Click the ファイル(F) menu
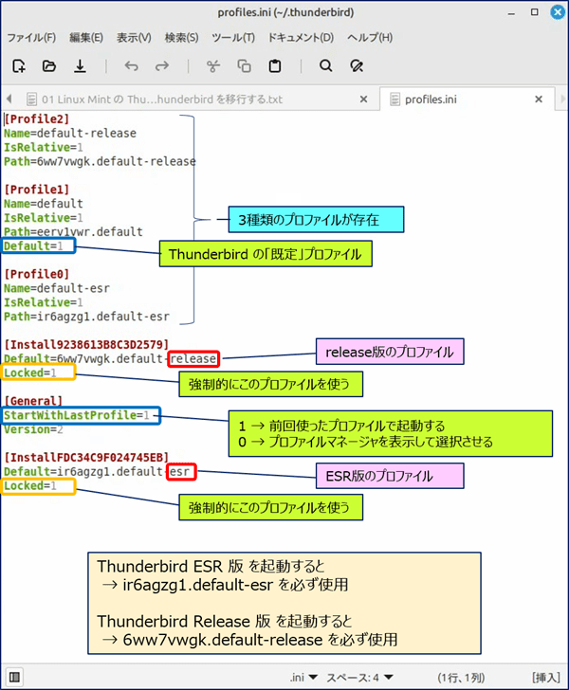coord(31,37)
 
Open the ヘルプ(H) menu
coord(370,37)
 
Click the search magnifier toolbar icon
coord(326,66)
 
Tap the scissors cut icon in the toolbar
coord(213,66)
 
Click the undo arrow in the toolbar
coord(131,66)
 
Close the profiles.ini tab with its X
coord(538,100)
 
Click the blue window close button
coord(558,12)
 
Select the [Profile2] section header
coord(37,118)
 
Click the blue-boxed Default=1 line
coord(38,246)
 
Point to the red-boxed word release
coord(193,359)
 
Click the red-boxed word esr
coord(181,472)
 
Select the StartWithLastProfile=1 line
coord(81,415)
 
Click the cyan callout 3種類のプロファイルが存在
coord(316,220)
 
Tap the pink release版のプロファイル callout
coord(390,352)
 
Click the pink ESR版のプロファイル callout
coord(390,476)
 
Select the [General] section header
coord(33,401)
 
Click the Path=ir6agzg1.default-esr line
coord(86,317)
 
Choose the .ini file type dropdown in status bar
coord(303,678)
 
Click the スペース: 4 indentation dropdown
coord(359,678)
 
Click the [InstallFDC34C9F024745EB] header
coord(86,457)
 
